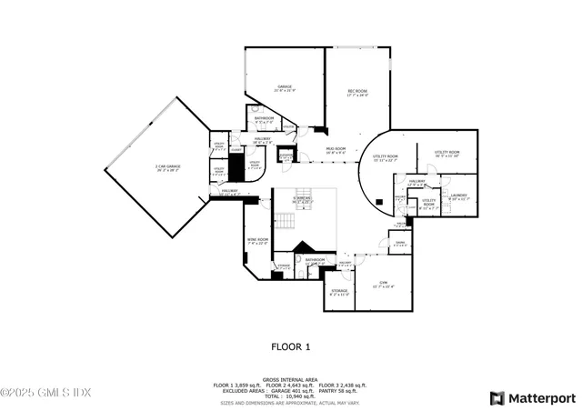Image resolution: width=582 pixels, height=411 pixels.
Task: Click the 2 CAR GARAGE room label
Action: tap(167, 167)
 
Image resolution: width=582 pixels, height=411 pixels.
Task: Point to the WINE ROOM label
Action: tap(256, 241)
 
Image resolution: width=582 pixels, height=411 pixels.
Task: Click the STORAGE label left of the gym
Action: tap(338, 292)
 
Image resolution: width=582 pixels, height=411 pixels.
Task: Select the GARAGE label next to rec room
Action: tap(285, 88)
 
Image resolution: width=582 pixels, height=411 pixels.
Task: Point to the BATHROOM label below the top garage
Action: tap(265, 119)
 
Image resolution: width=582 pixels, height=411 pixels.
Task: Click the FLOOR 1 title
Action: tap(291, 346)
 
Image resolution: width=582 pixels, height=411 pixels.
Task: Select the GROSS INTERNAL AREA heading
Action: tap(291, 380)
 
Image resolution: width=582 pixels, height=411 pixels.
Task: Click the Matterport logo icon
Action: tap(497, 398)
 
